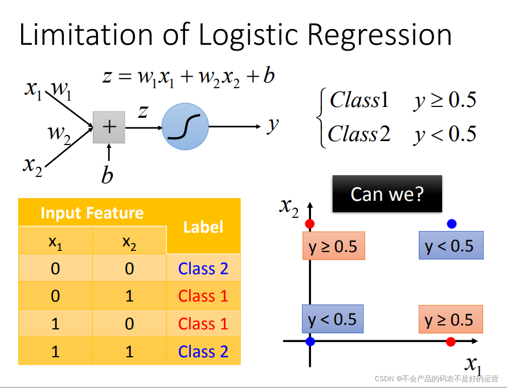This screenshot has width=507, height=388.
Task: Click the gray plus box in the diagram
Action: point(109,127)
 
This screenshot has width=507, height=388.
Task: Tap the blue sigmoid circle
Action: point(186,127)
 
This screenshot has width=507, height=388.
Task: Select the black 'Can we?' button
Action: point(387,194)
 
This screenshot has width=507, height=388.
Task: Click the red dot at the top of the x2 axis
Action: point(310,224)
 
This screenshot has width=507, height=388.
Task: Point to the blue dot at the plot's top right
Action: point(452,224)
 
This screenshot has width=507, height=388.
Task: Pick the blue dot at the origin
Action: point(310,341)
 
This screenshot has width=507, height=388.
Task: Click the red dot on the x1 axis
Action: point(451,341)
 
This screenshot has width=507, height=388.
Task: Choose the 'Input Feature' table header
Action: point(92,213)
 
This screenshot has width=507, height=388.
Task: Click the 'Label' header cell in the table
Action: point(203,227)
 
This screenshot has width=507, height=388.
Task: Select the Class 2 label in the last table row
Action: point(203,352)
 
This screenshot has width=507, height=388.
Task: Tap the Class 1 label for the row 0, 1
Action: point(203,296)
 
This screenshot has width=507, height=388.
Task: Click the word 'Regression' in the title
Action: point(381,35)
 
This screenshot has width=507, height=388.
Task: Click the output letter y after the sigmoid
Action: point(273,123)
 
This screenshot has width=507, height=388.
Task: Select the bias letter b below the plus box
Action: point(107,175)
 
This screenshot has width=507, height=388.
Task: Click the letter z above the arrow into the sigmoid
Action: point(143,112)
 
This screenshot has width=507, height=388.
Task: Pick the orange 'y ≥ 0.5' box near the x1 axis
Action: point(451,320)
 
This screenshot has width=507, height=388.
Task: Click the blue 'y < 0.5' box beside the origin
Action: point(333,320)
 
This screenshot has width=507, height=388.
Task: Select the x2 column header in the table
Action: point(129,242)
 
